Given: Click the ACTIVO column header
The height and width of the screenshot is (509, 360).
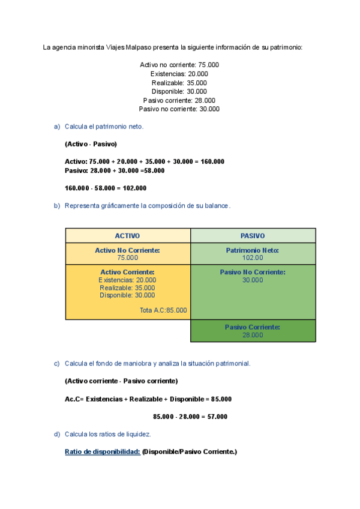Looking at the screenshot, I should [127, 236].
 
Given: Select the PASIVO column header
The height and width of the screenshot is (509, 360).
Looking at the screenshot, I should [253, 236].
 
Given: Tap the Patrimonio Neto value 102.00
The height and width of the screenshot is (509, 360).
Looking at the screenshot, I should [253, 258].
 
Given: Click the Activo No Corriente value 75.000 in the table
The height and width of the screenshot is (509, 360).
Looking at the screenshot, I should [127, 258].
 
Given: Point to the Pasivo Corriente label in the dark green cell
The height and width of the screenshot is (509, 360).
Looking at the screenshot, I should [253, 327].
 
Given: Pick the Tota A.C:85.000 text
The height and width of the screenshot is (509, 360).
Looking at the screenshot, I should [163, 310].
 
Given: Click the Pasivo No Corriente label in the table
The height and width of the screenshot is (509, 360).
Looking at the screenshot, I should [253, 272].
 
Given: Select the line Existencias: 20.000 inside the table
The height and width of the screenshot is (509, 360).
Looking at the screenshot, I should [127, 280].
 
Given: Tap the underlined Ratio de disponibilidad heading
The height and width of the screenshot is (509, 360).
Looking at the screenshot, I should [103, 452].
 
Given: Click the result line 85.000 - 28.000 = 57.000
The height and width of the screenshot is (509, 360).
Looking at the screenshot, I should [190, 417].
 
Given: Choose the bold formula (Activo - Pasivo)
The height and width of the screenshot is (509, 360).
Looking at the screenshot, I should [91, 144].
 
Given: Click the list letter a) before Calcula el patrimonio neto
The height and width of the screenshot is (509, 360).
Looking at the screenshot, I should [57, 127].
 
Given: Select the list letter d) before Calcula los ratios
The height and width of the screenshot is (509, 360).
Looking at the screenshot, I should [57, 434].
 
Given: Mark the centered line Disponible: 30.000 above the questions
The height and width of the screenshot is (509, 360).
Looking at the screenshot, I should [179, 91].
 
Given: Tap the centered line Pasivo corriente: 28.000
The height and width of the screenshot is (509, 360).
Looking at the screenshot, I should [179, 100].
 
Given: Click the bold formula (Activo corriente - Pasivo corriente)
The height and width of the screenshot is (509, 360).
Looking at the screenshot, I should [121, 381].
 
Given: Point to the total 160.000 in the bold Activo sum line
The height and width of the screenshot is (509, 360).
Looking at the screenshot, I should [212, 161].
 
